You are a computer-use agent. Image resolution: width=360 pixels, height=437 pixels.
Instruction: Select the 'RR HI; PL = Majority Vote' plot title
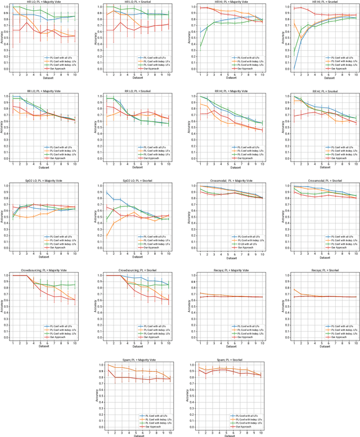(227, 92)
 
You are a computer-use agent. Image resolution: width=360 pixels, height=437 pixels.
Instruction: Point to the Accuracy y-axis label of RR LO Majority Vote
(3, 127)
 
